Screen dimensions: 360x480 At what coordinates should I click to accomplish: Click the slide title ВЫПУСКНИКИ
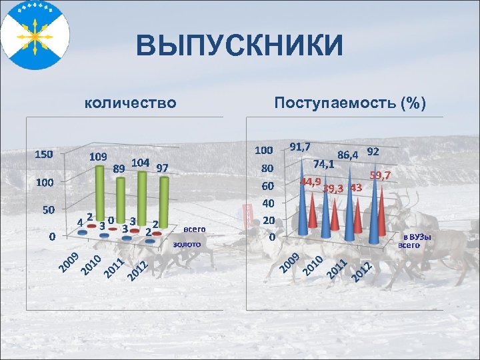pyautogui.click(x=240, y=47)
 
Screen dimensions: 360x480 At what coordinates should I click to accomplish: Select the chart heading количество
pyautogui.click(x=131, y=103)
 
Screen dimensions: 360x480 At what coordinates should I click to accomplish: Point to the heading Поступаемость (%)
pyautogui.click(x=350, y=103)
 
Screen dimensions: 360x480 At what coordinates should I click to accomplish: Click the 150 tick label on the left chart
pyautogui.click(x=44, y=155)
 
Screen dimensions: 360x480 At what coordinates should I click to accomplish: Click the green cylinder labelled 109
pyautogui.click(x=101, y=193)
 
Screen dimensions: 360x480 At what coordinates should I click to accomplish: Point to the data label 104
pyautogui.click(x=140, y=162)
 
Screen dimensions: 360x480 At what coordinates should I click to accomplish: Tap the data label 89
pyautogui.click(x=119, y=168)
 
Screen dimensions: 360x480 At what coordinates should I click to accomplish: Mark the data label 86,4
pyautogui.click(x=348, y=155)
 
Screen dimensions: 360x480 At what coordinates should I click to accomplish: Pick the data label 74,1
pyautogui.click(x=323, y=163)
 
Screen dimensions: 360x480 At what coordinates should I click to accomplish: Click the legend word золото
pyautogui.click(x=187, y=245)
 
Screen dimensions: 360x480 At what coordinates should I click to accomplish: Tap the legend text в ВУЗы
pyautogui.click(x=417, y=237)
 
